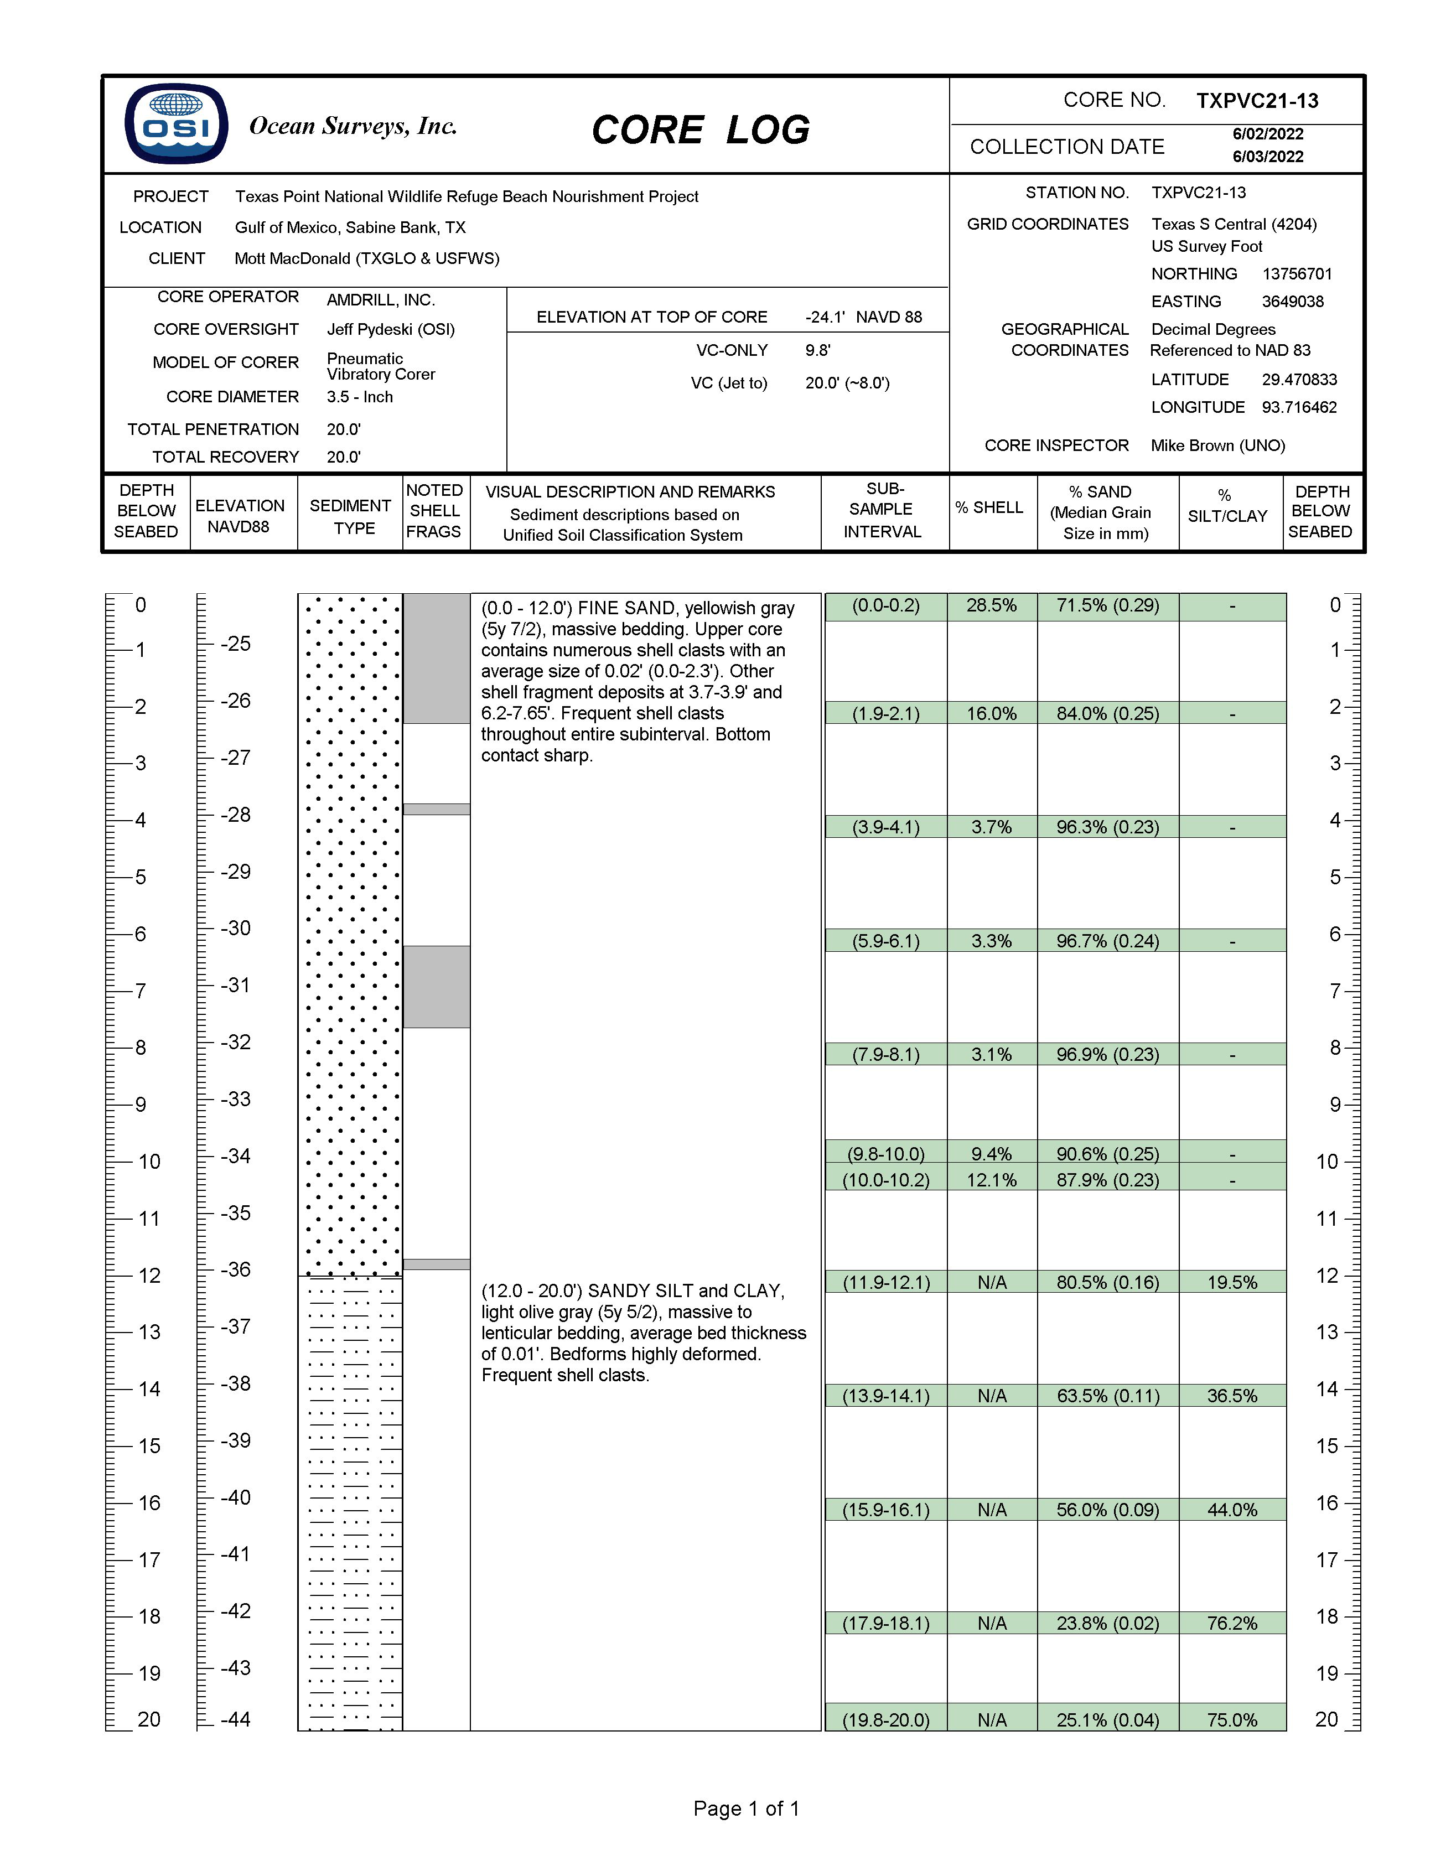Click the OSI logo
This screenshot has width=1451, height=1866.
[x=176, y=124]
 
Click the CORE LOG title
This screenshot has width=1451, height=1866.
[x=700, y=130]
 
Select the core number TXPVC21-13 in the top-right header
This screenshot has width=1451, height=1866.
[x=1257, y=101]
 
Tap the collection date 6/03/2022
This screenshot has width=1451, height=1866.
[x=1267, y=157]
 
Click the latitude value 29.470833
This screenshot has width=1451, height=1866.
[x=1299, y=380]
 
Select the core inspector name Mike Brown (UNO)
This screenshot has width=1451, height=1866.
[x=1217, y=445]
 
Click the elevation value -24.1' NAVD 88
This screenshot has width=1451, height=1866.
[x=863, y=317]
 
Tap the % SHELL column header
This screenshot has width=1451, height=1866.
[x=989, y=507]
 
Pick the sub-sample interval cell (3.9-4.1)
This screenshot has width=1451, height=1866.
[x=885, y=827]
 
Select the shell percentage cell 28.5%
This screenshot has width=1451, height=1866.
[x=991, y=606]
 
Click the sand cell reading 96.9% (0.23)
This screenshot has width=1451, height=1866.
[x=1107, y=1054]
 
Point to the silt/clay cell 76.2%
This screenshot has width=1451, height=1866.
[x=1231, y=1624]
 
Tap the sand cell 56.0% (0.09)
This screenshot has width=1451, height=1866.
[x=1107, y=1510]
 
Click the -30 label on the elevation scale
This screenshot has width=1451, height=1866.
[x=236, y=928]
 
